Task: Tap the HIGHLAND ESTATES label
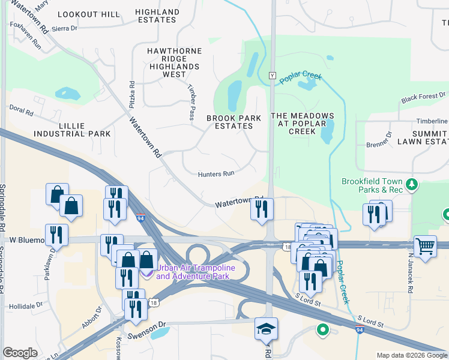tap(157, 16)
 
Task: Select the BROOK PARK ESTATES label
tap(234, 122)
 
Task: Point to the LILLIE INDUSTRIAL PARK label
tap(73, 130)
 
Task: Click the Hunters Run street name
tap(215, 174)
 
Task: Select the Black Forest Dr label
tap(424, 96)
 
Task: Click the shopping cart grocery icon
tap(425, 245)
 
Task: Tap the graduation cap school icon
tap(266, 328)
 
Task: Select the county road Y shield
tap(272, 76)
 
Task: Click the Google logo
tap(20, 353)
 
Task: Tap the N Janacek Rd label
tap(411, 287)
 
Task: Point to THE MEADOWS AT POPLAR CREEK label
tap(302, 124)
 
